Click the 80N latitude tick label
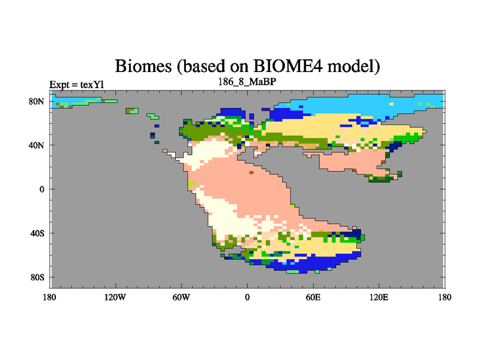(x=37, y=101)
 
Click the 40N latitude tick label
(x=37, y=145)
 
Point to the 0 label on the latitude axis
(x=41, y=189)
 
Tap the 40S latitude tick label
(x=37, y=233)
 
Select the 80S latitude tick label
(x=37, y=277)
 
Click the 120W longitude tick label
(x=115, y=297)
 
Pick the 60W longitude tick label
(x=181, y=297)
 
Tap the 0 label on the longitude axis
(x=247, y=297)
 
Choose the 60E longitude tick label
(x=313, y=297)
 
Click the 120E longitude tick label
(x=379, y=297)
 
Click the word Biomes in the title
(x=143, y=66)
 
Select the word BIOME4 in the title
(x=288, y=66)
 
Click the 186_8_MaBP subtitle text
(x=247, y=82)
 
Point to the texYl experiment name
(x=92, y=85)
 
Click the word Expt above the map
(x=59, y=85)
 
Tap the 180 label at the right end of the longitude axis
(x=445, y=297)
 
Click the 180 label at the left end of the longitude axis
(x=49, y=297)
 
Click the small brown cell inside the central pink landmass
(x=251, y=172)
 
